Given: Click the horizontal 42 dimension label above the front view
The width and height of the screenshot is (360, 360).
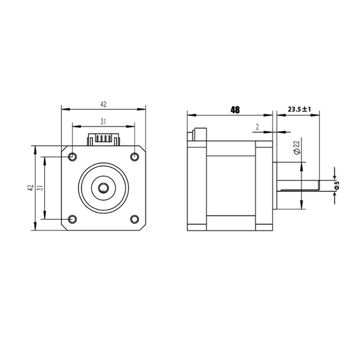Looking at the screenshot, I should click(103, 104).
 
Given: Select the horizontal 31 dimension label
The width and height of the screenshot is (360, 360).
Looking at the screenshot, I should click(103, 121).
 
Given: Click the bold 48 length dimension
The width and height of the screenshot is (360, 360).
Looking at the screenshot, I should click(234, 109).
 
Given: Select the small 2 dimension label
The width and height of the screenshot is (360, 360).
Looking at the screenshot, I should click(257, 127).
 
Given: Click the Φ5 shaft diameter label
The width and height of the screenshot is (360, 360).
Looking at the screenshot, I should click(337, 185).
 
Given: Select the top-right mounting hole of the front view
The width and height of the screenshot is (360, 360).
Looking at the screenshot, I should click(134, 157).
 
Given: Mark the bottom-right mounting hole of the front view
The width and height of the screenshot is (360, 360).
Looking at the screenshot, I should click(134, 219).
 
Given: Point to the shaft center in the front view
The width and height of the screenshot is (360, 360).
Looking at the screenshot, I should click(103, 188).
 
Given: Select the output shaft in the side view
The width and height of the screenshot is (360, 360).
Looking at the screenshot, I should click(297, 185).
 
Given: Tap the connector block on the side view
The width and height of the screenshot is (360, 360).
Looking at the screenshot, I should click(198, 135).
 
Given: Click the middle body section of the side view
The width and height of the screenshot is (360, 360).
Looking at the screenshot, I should click(230, 188).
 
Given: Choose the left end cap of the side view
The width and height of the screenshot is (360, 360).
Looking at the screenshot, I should click(197, 188).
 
